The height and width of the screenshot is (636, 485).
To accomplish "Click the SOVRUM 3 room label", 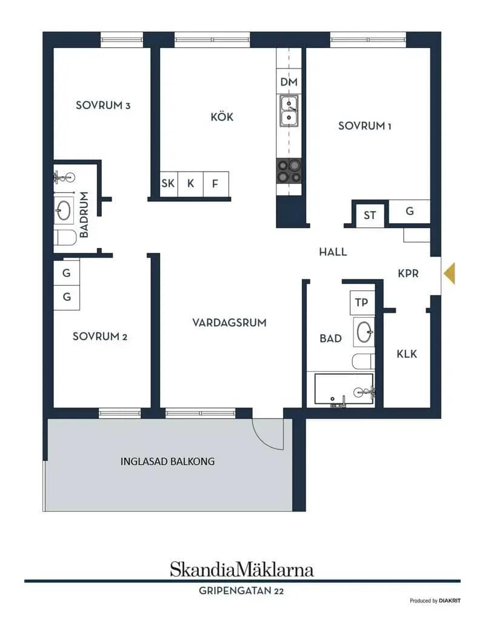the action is pyautogui.click(x=103, y=105).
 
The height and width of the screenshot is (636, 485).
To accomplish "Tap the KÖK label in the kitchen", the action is pyautogui.click(x=222, y=117).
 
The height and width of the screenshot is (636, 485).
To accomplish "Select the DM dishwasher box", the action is pyautogui.click(x=289, y=81).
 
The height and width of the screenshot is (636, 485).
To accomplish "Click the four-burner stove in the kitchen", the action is pyautogui.click(x=289, y=171).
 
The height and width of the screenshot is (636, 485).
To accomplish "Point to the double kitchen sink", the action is pyautogui.click(x=289, y=111).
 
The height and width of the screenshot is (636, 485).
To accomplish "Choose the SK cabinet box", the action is pyautogui.click(x=169, y=184).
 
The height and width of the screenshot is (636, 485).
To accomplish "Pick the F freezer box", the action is pyautogui.click(x=215, y=184).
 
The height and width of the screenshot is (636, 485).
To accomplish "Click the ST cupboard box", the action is pyautogui.click(x=370, y=215).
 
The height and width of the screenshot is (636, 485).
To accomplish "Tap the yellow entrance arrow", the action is pyautogui.click(x=449, y=273).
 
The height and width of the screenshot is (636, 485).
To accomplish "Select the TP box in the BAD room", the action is pyautogui.click(x=362, y=303).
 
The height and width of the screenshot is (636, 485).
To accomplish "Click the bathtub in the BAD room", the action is pyautogui.click(x=344, y=389).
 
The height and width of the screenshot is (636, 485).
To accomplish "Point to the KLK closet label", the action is pyautogui.click(x=407, y=354).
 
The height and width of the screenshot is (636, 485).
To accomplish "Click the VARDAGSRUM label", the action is pyautogui.click(x=229, y=323).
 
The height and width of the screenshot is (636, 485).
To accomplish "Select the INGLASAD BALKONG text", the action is pyautogui.click(x=167, y=461).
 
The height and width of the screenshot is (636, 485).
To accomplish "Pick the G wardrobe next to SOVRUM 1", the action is pyautogui.click(x=410, y=212).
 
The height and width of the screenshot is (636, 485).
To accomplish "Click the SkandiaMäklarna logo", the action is pyautogui.click(x=242, y=569).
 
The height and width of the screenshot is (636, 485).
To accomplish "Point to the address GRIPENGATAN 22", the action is pyautogui.click(x=241, y=591).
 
